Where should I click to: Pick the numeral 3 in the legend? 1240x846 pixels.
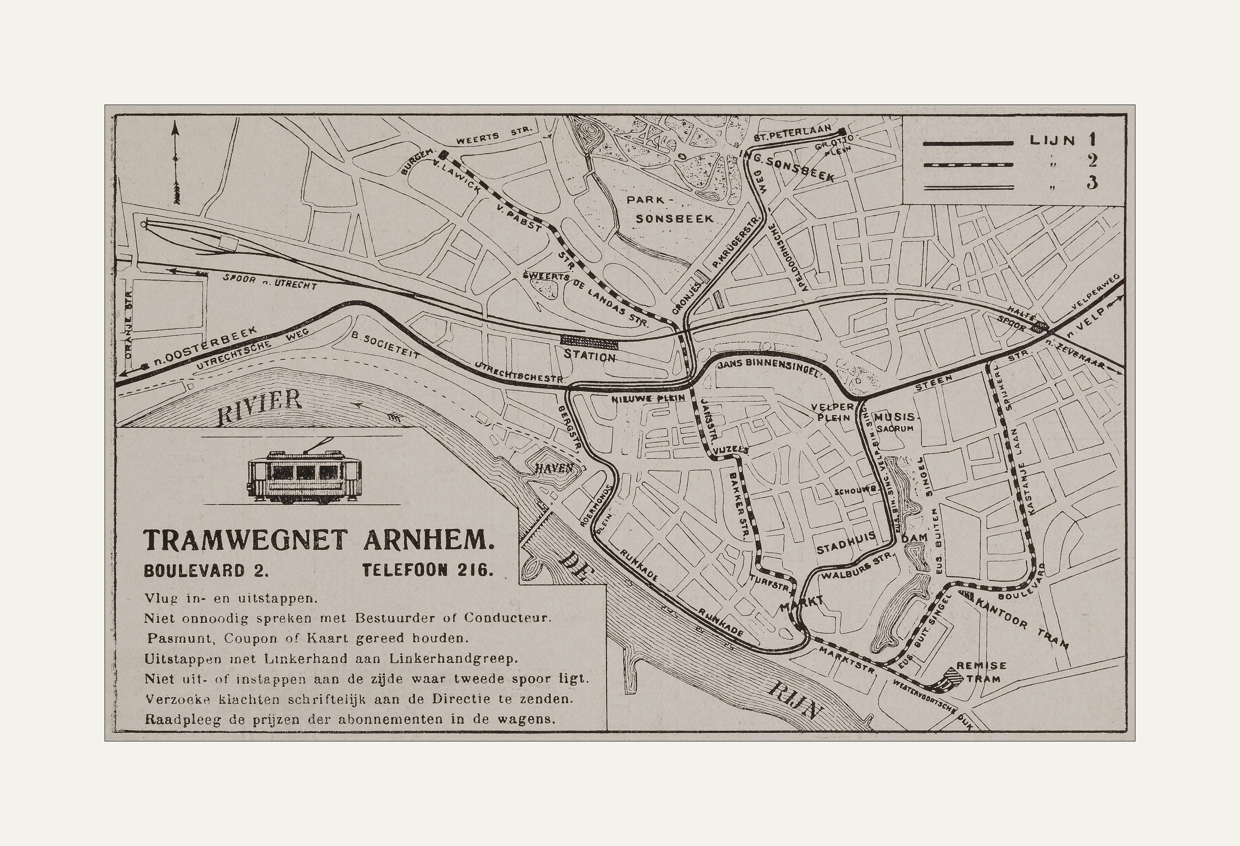[x=1092, y=183]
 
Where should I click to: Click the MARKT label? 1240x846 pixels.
[x=801, y=602]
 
